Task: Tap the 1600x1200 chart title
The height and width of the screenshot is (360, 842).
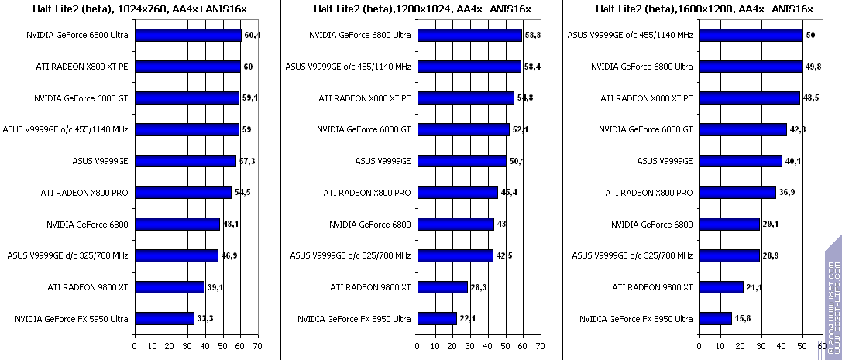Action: click(x=704, y=9)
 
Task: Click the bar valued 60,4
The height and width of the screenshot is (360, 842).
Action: click(x=188, y=35)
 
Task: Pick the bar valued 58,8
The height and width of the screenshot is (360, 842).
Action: click(x=469, y=35)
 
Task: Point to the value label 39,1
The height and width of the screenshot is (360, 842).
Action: click(x=215, y=287)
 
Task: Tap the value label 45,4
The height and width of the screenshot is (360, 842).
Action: click(x=509, y=193)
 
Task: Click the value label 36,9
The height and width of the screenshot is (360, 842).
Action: click(x=787, y=193)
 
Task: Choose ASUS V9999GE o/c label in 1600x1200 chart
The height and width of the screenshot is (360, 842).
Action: click(x=631, y=35)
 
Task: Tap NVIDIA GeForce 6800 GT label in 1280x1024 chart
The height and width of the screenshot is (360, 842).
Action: click(x=364, y=129)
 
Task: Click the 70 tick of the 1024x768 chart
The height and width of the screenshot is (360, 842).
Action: click(x=258, y=345)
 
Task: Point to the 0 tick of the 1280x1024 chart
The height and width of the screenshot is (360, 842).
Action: click(x=418, y=345)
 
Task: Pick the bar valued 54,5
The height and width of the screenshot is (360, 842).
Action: click(x=183, y=193)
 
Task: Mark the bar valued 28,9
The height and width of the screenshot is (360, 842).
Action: click(x=730, y=255)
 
